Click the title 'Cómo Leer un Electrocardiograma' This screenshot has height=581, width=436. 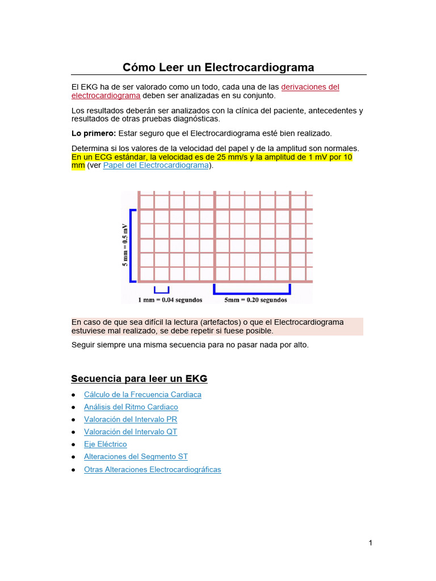point(219,68)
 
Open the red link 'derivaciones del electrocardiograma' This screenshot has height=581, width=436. point(310,87)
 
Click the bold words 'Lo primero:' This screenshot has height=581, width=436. point(94,133)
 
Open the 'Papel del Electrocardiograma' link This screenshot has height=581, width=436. point(156,165)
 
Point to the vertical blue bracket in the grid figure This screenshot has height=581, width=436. point(132,245)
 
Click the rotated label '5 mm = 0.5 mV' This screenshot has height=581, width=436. point(125,245)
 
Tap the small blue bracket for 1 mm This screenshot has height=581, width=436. point(161,290)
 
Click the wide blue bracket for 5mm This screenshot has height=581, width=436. point(252,290)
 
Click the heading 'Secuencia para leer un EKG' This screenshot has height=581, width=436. point(139,378)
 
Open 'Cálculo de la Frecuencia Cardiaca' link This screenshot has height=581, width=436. point(142,394)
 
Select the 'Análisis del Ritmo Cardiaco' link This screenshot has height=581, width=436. point(131,407)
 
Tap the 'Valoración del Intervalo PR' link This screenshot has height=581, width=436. point(131,419)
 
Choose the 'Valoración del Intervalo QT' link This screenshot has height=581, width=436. point(131,432)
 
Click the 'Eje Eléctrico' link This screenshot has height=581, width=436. point(106,444)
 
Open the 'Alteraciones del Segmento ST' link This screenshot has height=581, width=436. point(136,457)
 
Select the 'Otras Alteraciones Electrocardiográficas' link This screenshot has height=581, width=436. point(152,469)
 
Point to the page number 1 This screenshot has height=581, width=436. point(370,543)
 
